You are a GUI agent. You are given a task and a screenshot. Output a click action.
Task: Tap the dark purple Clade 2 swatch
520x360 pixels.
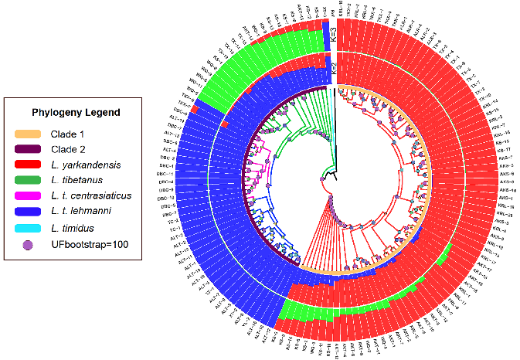pos(35,149)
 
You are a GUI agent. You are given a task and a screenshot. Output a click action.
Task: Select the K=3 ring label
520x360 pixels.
pos(332,35)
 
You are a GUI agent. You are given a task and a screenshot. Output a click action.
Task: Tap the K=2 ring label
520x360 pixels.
pos(333,70)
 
